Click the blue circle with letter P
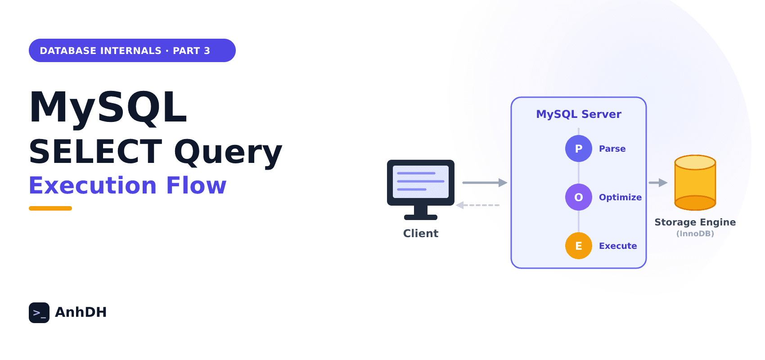tap(579, 148)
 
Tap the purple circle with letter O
tap(579, 197)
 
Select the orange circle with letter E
tap(579, 246)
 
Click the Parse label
tap(612, 148)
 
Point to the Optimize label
tap(620, 198)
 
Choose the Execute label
tap(618, 246)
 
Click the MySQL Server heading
tap(579, 114)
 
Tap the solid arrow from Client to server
tap(485, 183)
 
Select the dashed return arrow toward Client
tap(477, 205)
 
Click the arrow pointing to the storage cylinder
tap(658, 183)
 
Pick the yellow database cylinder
tap(695, 183)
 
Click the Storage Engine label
tap(695, 222)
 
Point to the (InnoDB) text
tap(695, 234)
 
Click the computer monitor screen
tap(421, 182)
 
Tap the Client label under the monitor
tap(421, 233)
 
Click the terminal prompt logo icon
tap(39, 312)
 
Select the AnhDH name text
tap(81, 312)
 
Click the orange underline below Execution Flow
tap(50, 208)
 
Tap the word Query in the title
tap(228, 153)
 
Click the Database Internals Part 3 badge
tap(132, 50)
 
